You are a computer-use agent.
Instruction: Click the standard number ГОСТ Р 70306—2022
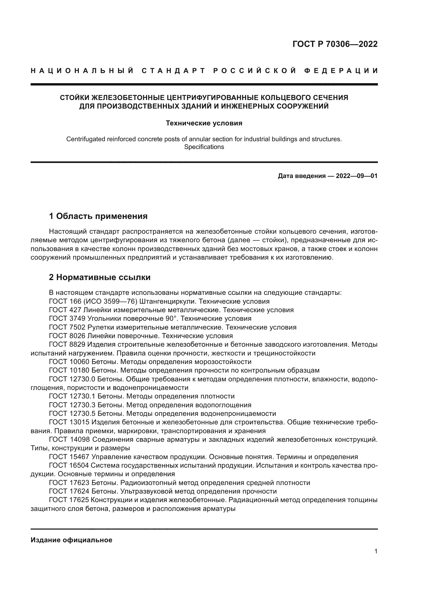[x=335, y=44]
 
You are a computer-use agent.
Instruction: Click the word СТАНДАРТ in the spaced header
[x=174, y=71]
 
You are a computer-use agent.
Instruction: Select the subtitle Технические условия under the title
[x=204, y=123]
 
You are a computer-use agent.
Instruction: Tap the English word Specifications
[x=204, y=147]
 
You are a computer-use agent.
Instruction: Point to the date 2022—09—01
[x=357, y=176]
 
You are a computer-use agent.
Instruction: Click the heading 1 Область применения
[x=98, y=216]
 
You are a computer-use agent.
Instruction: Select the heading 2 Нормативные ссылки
[x=100, y=277]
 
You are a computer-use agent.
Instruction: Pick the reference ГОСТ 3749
[x=67, y=319]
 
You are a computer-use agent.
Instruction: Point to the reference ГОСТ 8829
[x=67, y=344]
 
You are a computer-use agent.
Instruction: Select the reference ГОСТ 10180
[x=69, y=370]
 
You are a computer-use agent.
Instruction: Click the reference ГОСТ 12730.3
[x=72, y=405]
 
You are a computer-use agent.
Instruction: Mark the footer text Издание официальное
[x=71, y=540]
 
